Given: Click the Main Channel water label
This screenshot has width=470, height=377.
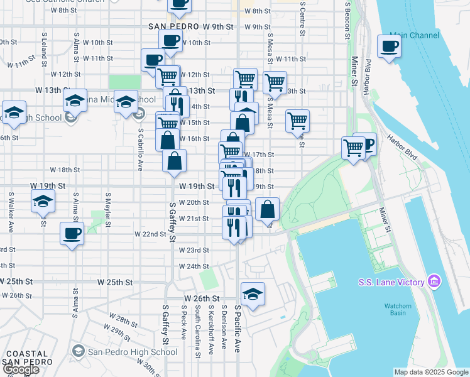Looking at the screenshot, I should coord(414,35).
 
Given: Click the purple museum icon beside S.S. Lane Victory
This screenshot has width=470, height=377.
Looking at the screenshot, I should coord(434,282).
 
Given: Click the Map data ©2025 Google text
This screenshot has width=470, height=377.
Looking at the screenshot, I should coord(430,372).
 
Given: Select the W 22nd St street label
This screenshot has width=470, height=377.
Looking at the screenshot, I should coord(150,234).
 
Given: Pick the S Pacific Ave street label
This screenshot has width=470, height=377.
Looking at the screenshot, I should coord(238,329).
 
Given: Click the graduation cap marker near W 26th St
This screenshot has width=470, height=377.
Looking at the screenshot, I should coord(253,294).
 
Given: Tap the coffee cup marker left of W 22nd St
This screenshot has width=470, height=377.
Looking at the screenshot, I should coord(72,234).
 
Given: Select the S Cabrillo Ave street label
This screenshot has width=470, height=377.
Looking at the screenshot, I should coord(139,150).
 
